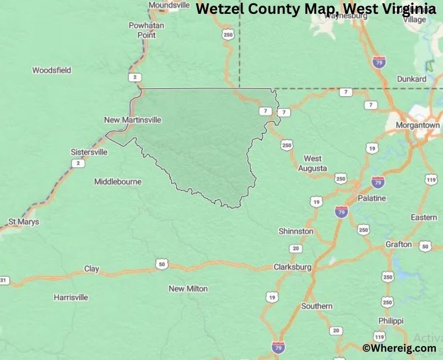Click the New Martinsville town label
click(x=132, y=120)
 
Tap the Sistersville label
click(x=89, y=152)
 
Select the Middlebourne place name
click(x=117, y=182)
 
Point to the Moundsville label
click(x=169, y=5)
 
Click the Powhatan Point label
click(x=142, y=30)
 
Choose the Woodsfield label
click(x=51, y=70)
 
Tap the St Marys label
click(x=24, y=222)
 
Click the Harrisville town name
click(x=70, y=297)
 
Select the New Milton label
click(x=188, y=289)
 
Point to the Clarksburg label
click(x=292, y=267)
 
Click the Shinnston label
click(x=296, y=232)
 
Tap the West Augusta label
click(x=312, y=163)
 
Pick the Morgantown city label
click(x=418, y=125)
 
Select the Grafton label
click(x=399, y=244)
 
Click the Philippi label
click(x=391, y=321)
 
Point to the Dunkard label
click(x=412, y=79)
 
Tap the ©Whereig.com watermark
click(x=399, y=348)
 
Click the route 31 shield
click(x=4, y=280)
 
